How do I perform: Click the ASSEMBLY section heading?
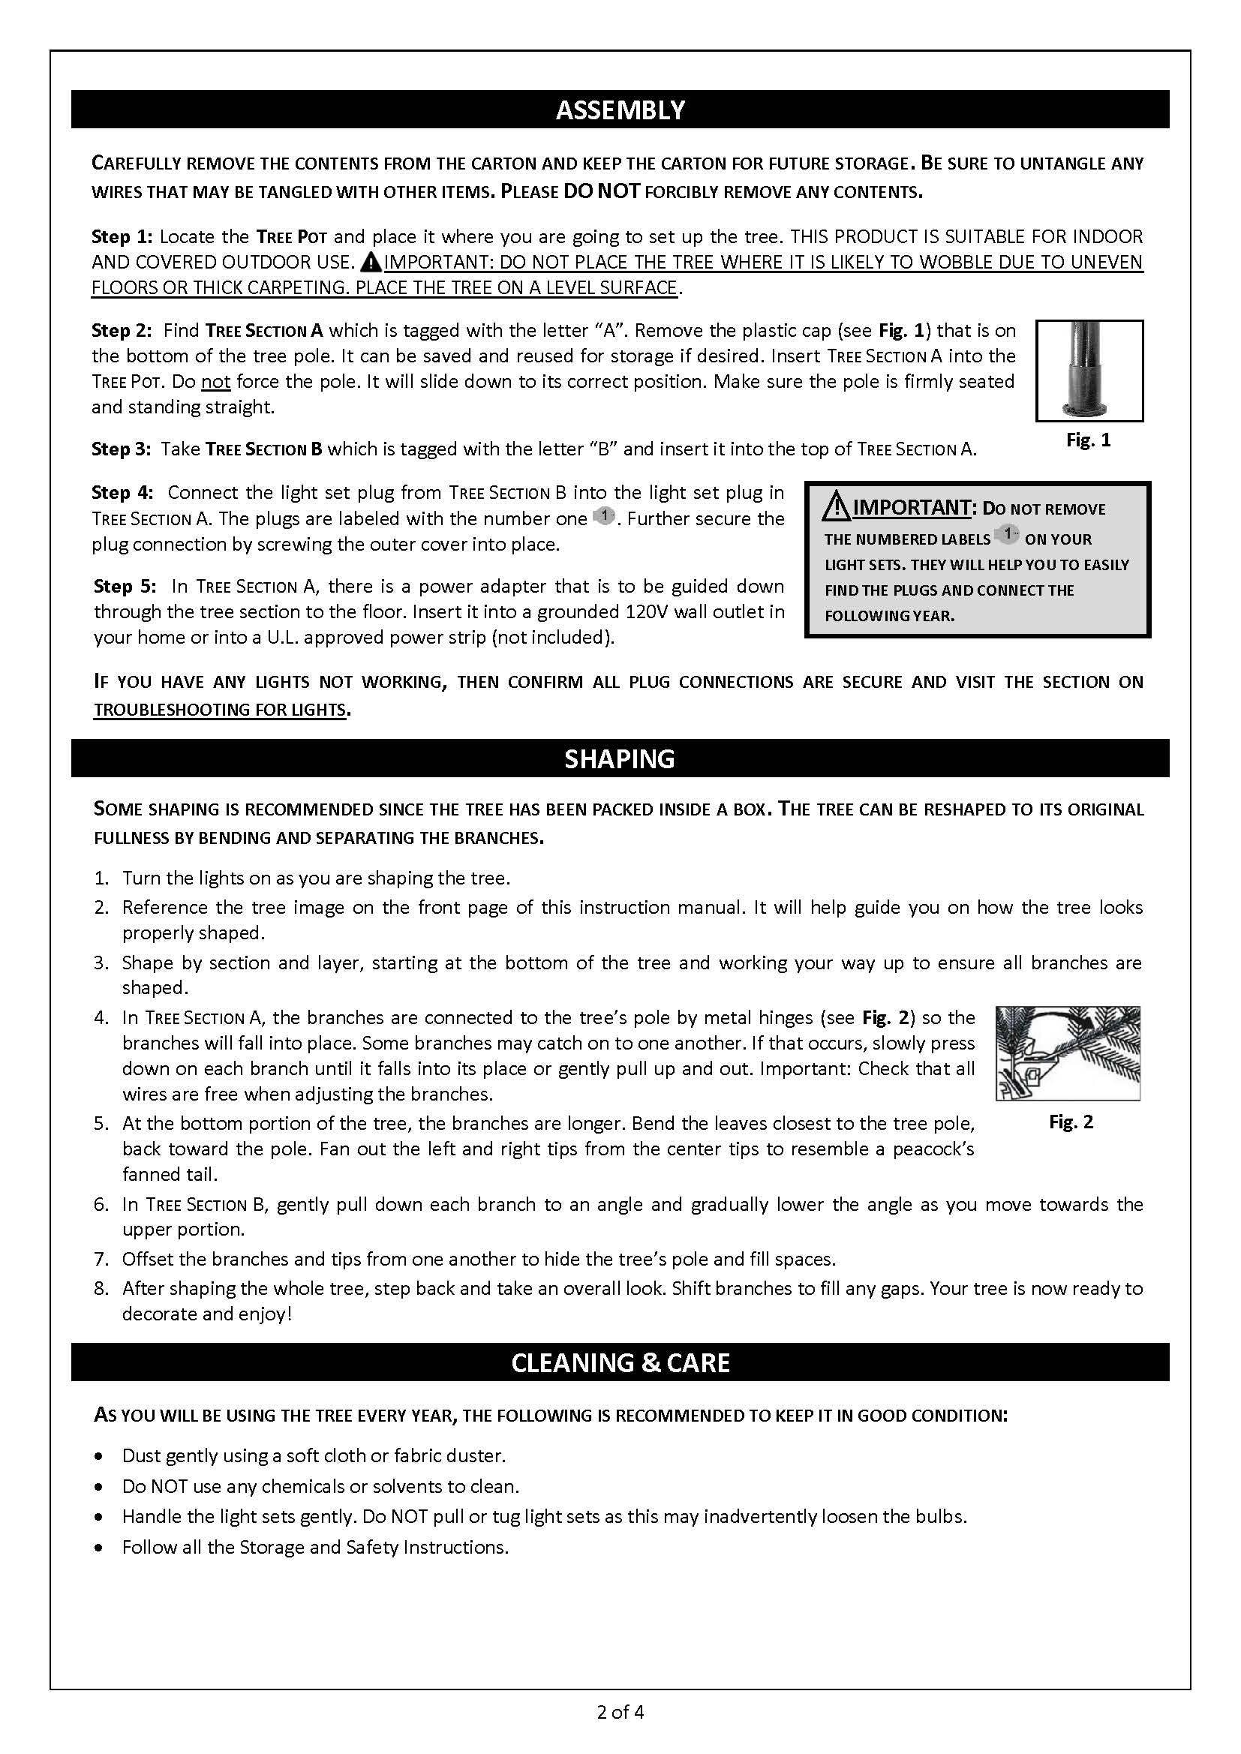click(620, 110)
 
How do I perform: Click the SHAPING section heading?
click(620, 758)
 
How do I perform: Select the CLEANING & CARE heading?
click(620, 1362)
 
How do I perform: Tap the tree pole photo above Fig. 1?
click(1089, 371)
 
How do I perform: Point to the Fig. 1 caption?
click(1088, 440)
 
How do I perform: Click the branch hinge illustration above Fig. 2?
click(1068, 1053)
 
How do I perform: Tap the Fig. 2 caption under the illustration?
click(1071, 1122)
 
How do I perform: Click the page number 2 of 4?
click(620, 1712)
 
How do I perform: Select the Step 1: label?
click(122, 237)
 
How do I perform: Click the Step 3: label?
click(122, 449)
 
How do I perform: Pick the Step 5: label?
click(125, 586)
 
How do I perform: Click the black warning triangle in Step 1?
click(371, 263)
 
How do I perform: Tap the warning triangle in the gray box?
click(837, 506)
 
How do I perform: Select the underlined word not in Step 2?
click(216, 381)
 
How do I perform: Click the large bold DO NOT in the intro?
click(602, 191)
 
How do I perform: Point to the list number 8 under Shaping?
click(101, 1288)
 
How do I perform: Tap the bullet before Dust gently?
click(98, 1456)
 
